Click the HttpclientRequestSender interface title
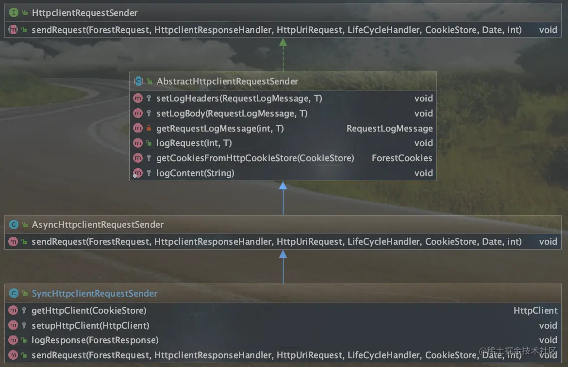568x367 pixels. click(x=84, y=13)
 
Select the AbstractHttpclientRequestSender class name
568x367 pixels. click(x=227, y=81)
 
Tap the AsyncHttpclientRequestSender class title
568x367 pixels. click(x=98, y=225)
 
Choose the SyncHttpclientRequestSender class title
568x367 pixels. click(x=94, y=294)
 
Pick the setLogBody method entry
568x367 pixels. click(x=232, y=114)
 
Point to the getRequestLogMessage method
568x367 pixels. click(x=219, y=129)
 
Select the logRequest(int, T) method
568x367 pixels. click(x=194, y=143)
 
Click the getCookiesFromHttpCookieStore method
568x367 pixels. click(x=255, y=158)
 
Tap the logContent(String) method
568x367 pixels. click(x=195, y=173)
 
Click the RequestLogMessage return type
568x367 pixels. click(x=389, y=129)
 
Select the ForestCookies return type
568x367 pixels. click(x=402, y=158)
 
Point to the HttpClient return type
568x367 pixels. click(x=535, y=311)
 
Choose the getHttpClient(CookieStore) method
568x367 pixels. click(x=89, y=311)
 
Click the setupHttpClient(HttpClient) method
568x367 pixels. click(x=90, y=326)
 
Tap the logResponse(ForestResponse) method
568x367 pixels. click(x=95, y=340)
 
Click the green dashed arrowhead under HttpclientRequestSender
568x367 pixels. click(x=283, y=42)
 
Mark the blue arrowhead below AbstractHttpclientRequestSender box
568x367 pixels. click(x=283, y=185)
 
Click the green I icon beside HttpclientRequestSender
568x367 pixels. click(x=14, y=13)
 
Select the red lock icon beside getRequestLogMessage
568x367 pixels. click(x=149, y=129)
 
